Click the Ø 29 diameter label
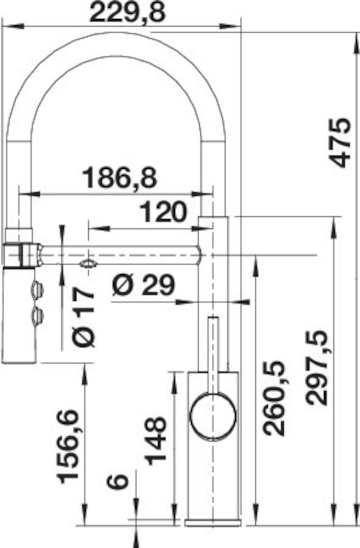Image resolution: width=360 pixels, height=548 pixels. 143,285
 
